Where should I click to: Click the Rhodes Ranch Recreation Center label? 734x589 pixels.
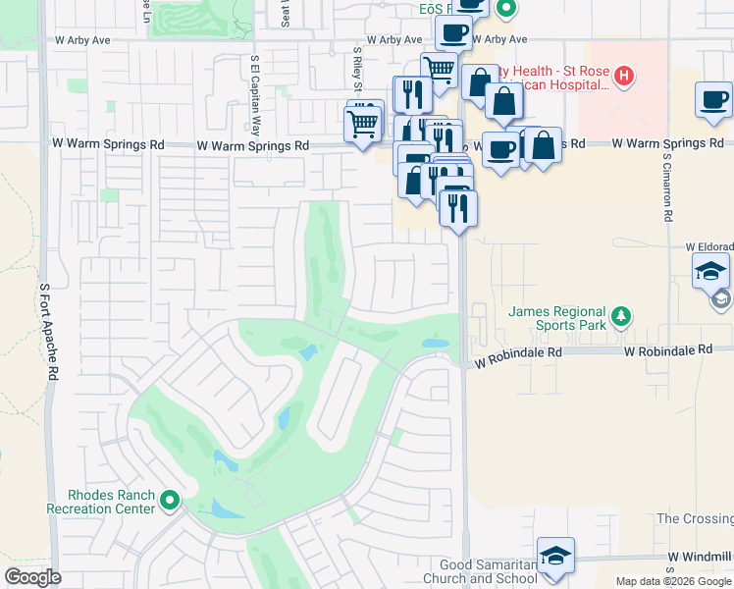point(101,502)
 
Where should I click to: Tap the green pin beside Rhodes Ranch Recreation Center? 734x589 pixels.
point(171,502)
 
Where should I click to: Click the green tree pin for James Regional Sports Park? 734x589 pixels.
point(620,316)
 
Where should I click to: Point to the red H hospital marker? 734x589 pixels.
point(623,77)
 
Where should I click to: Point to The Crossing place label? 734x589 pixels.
point(694,518)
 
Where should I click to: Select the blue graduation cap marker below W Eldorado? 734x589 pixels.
point(710,269)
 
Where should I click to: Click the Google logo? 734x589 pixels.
point(32,577)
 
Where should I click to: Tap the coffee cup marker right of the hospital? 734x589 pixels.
point(713,99)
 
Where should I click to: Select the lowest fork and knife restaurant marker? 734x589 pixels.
point(458,207)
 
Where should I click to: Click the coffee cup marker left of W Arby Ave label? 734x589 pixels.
point(453,33)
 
